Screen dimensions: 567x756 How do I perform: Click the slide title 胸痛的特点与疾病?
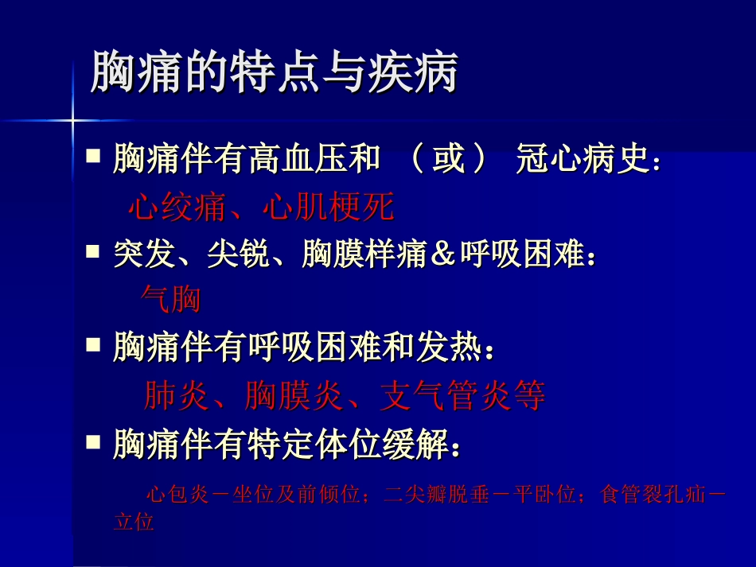(274, 73)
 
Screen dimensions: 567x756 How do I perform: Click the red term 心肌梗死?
(328, 208)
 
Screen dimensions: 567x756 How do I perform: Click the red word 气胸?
(169, 300)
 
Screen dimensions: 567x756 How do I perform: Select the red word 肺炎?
(176, 395)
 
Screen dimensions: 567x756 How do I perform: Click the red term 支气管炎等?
(462, 395)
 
